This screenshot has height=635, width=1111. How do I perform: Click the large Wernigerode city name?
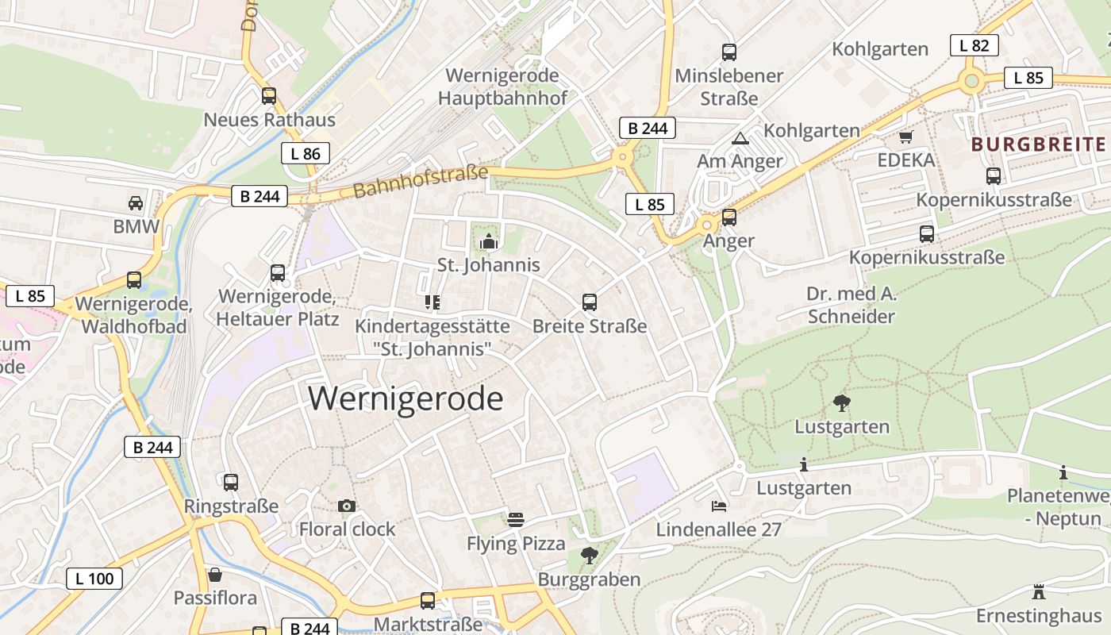tap(406, 398)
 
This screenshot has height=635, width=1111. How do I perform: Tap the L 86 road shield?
tap(305, 154)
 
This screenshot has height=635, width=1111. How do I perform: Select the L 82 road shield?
tap(974, 45)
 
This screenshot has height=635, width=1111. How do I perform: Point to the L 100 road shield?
tap(94, 579)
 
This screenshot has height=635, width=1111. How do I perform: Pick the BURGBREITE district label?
tap(1038, 144)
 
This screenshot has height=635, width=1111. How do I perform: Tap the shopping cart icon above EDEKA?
tap(905, 137)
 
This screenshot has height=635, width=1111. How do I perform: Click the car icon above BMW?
tap(136, 203)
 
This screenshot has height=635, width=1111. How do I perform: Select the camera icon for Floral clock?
tap(346, 506)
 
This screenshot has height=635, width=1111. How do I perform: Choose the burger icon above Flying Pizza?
tap(516, 520)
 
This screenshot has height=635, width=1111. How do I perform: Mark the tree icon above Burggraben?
tap(589, 556)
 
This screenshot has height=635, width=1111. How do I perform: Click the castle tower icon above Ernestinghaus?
tap(1038, 591)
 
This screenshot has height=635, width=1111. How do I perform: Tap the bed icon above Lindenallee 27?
tap(718, 506)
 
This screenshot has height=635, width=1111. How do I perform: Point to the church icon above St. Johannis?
tap(488, 241)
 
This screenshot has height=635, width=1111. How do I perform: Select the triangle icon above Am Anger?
tap(740, 138)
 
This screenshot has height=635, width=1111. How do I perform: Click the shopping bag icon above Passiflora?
tap(214, 574)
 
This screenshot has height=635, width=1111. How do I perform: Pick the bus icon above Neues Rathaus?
tap(269, 96)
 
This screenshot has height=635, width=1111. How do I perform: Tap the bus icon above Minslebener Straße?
tap(728, 52)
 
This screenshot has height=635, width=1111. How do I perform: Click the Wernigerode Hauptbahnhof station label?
tap(502, 87)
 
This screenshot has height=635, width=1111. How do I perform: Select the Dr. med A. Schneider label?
tap(851, 306)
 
